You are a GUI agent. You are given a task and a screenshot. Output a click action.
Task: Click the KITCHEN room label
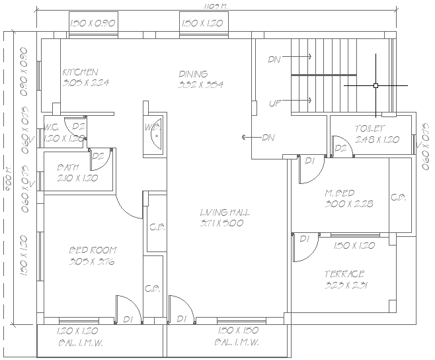(81, 72)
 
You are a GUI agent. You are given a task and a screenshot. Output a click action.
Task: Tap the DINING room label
(193, 73)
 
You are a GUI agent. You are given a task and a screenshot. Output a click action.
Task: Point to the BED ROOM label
(93, 250)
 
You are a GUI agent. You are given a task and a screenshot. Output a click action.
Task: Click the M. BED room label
(339, 193)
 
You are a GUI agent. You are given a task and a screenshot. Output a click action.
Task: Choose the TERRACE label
(344, 274)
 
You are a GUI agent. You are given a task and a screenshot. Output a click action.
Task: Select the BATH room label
(69, 167)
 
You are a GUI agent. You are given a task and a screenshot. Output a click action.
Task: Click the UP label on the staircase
(275, 103)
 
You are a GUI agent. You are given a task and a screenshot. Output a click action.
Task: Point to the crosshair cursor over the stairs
(376, 85)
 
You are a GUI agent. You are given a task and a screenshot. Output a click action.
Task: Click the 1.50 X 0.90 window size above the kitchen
(93, 24)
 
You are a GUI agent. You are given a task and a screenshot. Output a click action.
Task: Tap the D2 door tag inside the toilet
(340, 148)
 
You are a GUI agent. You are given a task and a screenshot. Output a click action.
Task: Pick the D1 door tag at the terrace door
(305, 238)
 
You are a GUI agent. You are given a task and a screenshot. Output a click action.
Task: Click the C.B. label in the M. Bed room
(398, 197)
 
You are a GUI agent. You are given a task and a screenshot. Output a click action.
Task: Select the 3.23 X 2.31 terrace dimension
(346, 285)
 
